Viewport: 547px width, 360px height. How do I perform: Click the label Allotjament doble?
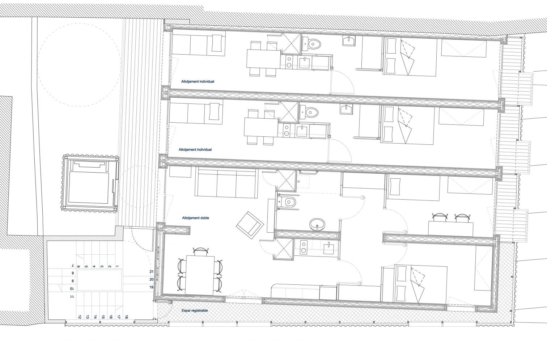195,218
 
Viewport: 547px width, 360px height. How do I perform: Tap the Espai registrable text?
195,310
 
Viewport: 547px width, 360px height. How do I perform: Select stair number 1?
118,266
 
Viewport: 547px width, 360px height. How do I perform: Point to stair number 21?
151,272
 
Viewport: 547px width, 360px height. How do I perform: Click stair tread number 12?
80,317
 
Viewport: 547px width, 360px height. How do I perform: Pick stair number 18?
127,317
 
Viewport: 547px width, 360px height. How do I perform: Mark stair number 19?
151,287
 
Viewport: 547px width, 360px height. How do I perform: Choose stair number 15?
103,317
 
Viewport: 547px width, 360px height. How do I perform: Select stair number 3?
102,266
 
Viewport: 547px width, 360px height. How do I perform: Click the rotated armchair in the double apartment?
250,225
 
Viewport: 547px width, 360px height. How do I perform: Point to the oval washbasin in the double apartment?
317,224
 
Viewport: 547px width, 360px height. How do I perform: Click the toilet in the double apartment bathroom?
289,202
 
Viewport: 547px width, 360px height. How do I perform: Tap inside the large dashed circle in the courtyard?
79,65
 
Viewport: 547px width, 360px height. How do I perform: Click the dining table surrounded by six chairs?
200,275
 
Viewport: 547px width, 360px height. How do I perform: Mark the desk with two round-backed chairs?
451,229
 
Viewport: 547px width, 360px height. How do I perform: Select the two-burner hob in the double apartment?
304,247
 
